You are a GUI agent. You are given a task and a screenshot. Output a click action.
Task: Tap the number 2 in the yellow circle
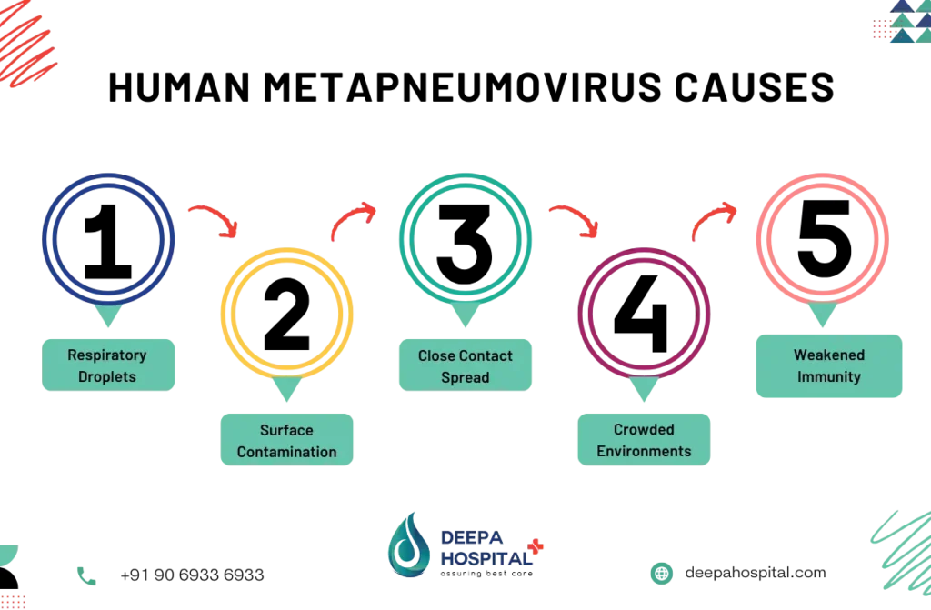click(x=286, y=315)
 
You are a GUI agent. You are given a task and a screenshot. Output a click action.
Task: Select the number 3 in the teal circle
click(x=465, y=244)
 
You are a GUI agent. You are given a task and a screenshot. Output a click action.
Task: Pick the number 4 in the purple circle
click(x=641, y=315)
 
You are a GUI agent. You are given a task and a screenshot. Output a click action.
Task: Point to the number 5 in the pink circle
click(x=825, y=239)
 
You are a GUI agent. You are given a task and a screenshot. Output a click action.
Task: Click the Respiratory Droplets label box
click(x=108, y=365)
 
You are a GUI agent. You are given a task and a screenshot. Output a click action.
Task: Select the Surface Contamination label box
click(x=286, y=439)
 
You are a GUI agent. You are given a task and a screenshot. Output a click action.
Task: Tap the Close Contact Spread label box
click(x=465, y=365)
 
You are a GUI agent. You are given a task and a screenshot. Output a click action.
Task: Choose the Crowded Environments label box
click(x=645, y=439)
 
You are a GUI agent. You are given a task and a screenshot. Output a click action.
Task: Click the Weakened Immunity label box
click(x=829, y=365)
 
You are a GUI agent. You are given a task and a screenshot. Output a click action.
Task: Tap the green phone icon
click(x=86, y=575)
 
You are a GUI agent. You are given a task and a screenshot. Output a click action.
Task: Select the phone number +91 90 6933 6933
click(x=193, y=575)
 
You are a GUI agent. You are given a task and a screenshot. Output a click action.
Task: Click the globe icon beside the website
click(x=662, y=573)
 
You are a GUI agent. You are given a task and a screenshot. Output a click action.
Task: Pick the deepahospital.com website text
click(x=756, y=573)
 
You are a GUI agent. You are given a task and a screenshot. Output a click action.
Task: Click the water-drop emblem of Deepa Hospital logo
click(x=408, y=546)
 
